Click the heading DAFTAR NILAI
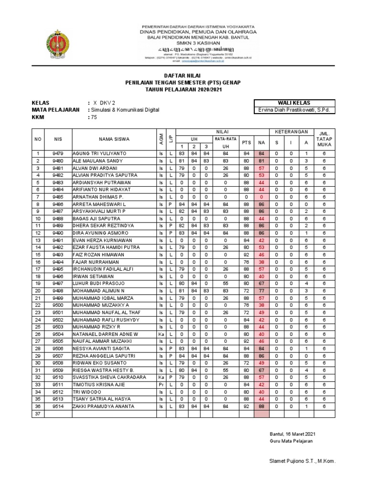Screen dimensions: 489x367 pyautogui.click(x=183, y=76)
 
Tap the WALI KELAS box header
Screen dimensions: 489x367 pyautogui.click(x=294, y=103)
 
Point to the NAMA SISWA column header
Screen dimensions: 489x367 pyautogui.click(x=114, y=139)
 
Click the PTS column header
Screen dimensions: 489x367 pyautogui.click(x=247, y=142)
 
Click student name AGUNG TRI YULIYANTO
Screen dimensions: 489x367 pyautogui.click(x=96, y=153)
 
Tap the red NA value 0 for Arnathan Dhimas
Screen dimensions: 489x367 pyautogui.click(x=261, y=197)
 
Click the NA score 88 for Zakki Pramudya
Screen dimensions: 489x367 pyautogui.click(x=261, y=406)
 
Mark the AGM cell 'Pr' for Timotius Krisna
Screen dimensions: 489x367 pyautogui.click(x=161, y=384)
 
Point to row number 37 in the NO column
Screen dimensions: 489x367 pyautogui.click(x=38, y=414)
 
